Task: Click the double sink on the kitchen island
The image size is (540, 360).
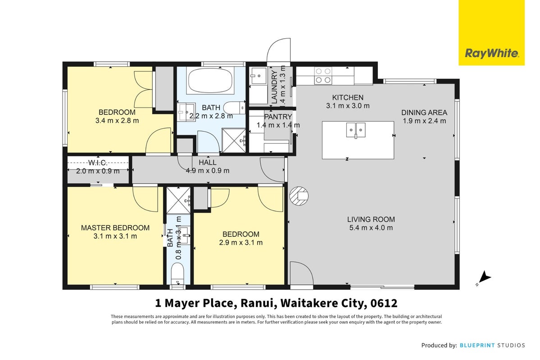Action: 356,130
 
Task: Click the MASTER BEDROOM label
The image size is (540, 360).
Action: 115,228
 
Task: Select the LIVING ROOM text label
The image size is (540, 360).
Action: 371,219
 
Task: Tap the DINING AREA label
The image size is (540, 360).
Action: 424,112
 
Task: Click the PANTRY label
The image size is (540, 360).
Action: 278,117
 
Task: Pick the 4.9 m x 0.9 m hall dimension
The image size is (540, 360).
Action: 208,171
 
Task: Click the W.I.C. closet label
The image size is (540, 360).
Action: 98,163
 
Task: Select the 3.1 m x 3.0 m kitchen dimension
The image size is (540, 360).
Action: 348,106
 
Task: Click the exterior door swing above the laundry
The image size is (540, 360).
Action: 279,50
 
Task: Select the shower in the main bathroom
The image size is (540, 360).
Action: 234,140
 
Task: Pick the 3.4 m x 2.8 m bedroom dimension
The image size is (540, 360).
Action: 117,121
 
